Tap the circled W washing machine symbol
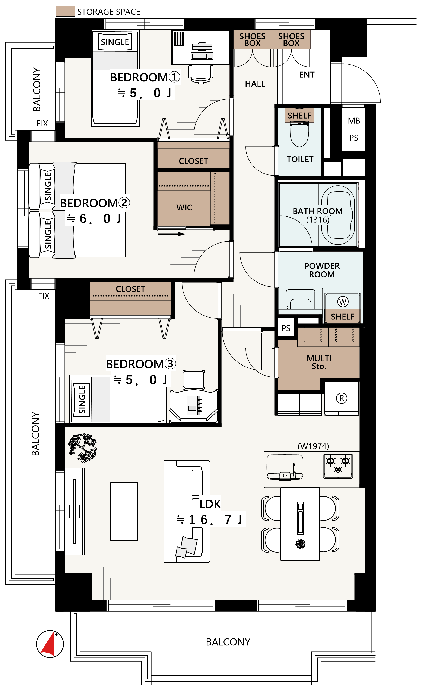coord(343,302)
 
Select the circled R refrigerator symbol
coord(341,398)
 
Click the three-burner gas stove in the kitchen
coord(338,466)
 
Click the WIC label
coord(184,207)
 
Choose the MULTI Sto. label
coord(319,362)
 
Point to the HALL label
coord(255,84)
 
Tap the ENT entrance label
coord(307,75)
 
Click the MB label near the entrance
coord(354,121)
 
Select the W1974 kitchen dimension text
coord(313,446)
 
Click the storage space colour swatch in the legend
coord(65,12)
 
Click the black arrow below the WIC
coord(171,234)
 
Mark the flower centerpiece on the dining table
coord(300,544)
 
